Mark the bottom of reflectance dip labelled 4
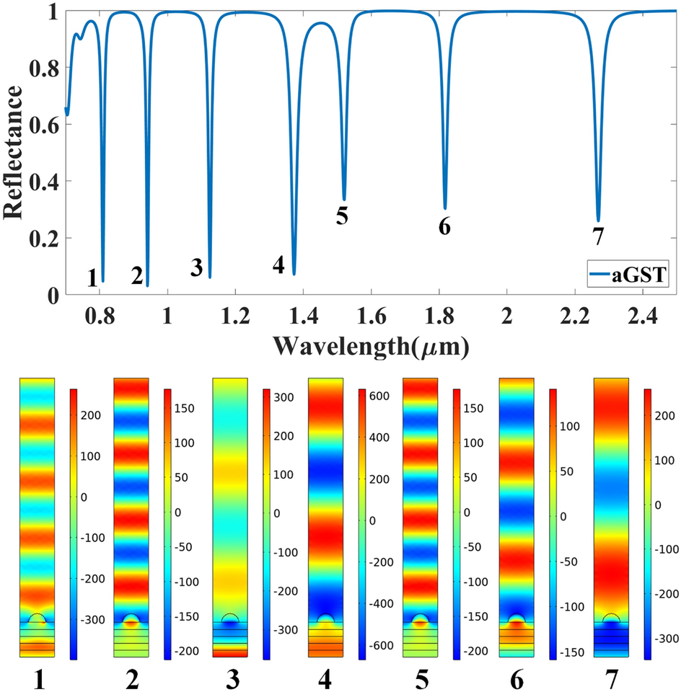pyautogui.click(x=294, y=274)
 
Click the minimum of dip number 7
pyautogui.click(x=598, y=221)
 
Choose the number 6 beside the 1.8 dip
pyautogui.click(x=444, y=226)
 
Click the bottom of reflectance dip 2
pyautogui.click(x=147, y=285)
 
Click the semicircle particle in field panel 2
pyautogui.click(x=131, y=619)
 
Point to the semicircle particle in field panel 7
pyautogui.click(x=611, y=618)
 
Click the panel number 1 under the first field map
pyautogui.click(x=38, y=678)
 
